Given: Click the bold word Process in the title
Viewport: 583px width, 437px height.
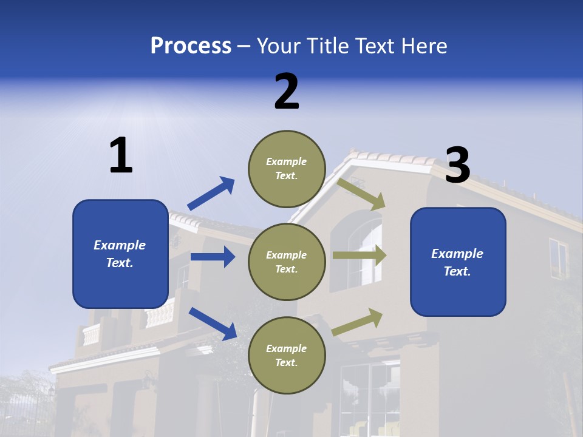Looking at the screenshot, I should tap(191, 46).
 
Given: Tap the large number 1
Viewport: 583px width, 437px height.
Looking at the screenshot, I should tap(121, 156).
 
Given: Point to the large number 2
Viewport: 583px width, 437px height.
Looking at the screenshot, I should tap(287, 92).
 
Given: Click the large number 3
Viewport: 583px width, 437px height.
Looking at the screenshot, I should tap(457, 165).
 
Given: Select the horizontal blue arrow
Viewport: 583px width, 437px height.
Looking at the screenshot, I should tap(213, 257).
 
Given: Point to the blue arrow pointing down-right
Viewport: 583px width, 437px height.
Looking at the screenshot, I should tap(213, 323).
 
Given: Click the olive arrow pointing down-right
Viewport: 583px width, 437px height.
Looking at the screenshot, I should tap(361, 194).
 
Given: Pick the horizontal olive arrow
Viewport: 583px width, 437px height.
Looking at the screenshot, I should tap(359, 255).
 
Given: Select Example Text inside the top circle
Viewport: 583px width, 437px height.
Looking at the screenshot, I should tap(287, 169).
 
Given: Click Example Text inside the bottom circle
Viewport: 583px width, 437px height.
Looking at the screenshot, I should tap(287, 356).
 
